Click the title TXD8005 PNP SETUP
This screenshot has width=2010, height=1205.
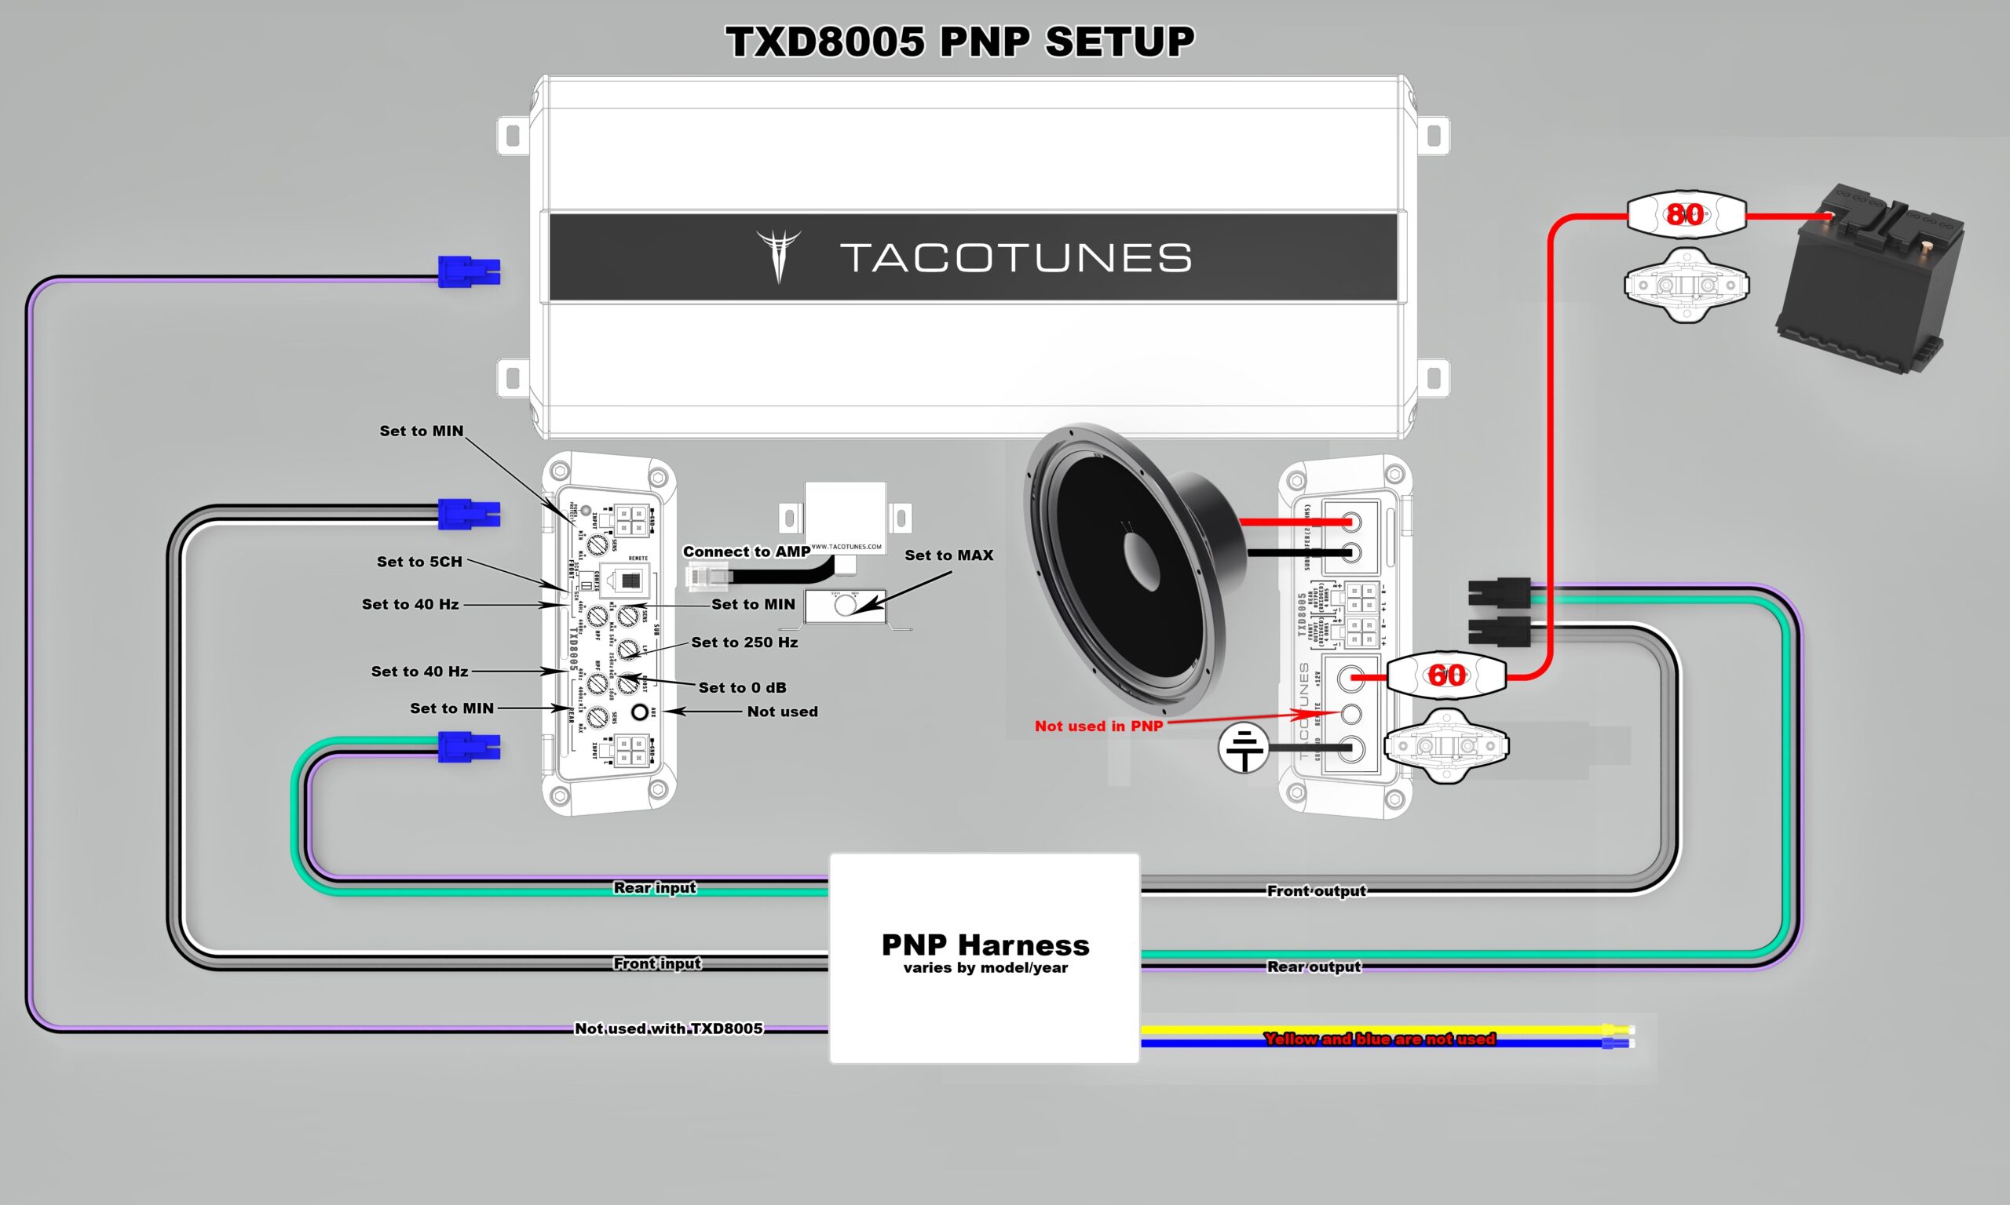[x=959, y=42]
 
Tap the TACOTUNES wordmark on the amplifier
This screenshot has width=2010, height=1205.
[x=1014, y=257]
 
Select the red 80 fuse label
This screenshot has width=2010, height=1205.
[x=1685, y=214]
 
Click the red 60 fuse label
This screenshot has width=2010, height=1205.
[x=1446, y=675]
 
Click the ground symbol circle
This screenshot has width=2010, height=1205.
[x=1243, y=748]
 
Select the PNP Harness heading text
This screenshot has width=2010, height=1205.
[x=985, y=945]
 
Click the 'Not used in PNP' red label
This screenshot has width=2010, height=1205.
[x=1098, y=726]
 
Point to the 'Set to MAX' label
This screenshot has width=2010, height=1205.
[x=948, y=555]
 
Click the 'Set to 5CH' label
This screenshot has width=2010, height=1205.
[x=419, y=562]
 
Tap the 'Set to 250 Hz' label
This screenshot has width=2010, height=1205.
[x=744, y=643]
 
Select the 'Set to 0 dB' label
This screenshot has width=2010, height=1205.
[x=742, y=688]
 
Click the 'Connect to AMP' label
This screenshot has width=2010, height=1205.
[x=746, y=552]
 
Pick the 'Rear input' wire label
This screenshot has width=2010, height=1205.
[x=654, y=887]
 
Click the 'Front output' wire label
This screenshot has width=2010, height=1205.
[x=1316, y=890]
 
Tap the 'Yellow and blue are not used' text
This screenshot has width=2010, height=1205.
[x=1379, y=1039]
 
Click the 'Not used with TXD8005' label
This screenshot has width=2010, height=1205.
[x=668, y=1028]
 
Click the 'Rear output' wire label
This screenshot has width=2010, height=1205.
[x=1313, y=967]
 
